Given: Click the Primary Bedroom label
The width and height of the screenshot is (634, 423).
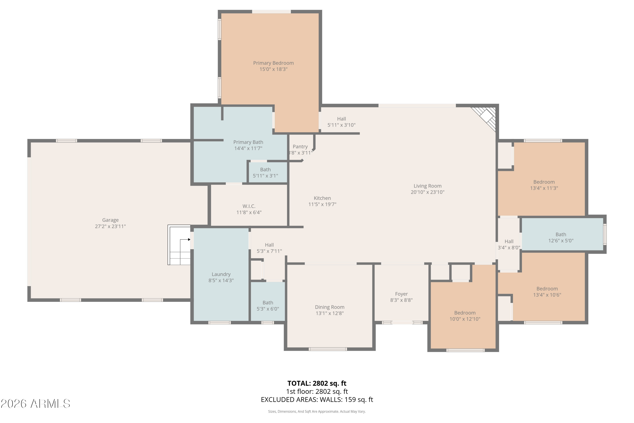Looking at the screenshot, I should tap(273, 63).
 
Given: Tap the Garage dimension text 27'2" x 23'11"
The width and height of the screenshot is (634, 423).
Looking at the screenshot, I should tap(110, 226).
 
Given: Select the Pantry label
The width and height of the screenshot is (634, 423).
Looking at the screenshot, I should tap(300, 147).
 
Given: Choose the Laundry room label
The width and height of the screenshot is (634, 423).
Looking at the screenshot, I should tap(221, 274).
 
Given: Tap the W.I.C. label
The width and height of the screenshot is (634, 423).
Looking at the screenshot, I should tap(249, 206).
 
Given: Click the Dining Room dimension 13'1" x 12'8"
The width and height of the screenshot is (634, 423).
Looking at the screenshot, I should tap(329, 313).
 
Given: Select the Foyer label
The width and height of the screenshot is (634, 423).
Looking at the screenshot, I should tap(401, 294).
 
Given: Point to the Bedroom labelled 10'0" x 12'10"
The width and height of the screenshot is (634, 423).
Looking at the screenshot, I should tap(465, 316).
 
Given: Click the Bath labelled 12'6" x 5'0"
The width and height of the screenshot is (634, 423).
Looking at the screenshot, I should tap(561, 237).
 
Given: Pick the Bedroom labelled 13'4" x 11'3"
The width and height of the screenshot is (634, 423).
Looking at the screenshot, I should tap(544, 185).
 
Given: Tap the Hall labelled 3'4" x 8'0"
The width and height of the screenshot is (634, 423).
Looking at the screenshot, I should tap(509, 244).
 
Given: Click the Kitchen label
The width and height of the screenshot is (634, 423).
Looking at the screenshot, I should tap(322, 198).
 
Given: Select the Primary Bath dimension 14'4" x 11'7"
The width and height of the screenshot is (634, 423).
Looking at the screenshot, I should tap(248, 148).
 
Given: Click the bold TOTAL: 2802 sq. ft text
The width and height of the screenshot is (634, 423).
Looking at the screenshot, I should tap(317, 383).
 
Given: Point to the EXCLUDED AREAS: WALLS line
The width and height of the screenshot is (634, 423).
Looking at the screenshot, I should tap(317, 400).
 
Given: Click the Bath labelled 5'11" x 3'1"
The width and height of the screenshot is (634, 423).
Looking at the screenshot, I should tap(265, 172).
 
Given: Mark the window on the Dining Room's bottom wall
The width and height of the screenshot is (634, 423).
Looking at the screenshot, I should tap(328, 349).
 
